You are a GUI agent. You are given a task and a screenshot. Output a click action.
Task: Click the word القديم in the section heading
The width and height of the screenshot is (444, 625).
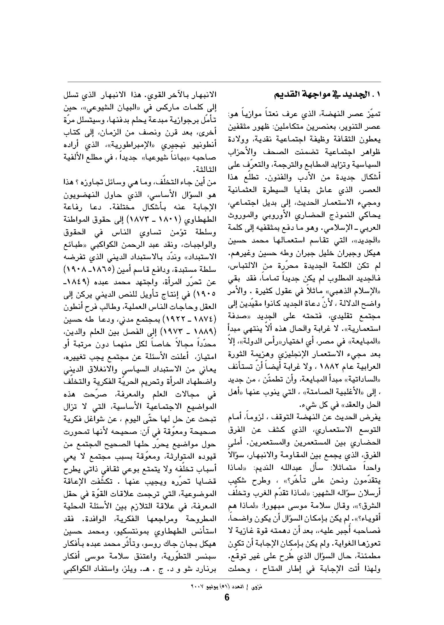pos(285,95)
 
